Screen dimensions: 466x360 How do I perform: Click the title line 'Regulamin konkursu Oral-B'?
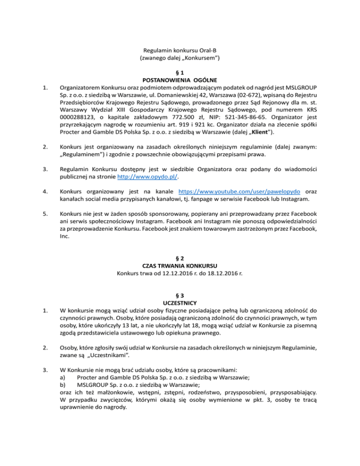(180, 50)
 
